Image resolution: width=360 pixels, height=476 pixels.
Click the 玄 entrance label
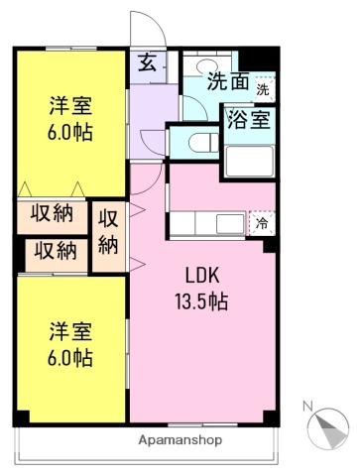pos(146,65)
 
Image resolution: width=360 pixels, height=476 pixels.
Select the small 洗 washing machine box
pos(262,90)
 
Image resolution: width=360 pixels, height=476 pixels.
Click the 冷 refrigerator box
pos(261,224)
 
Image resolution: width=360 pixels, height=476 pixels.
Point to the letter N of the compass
pos(308,407)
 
